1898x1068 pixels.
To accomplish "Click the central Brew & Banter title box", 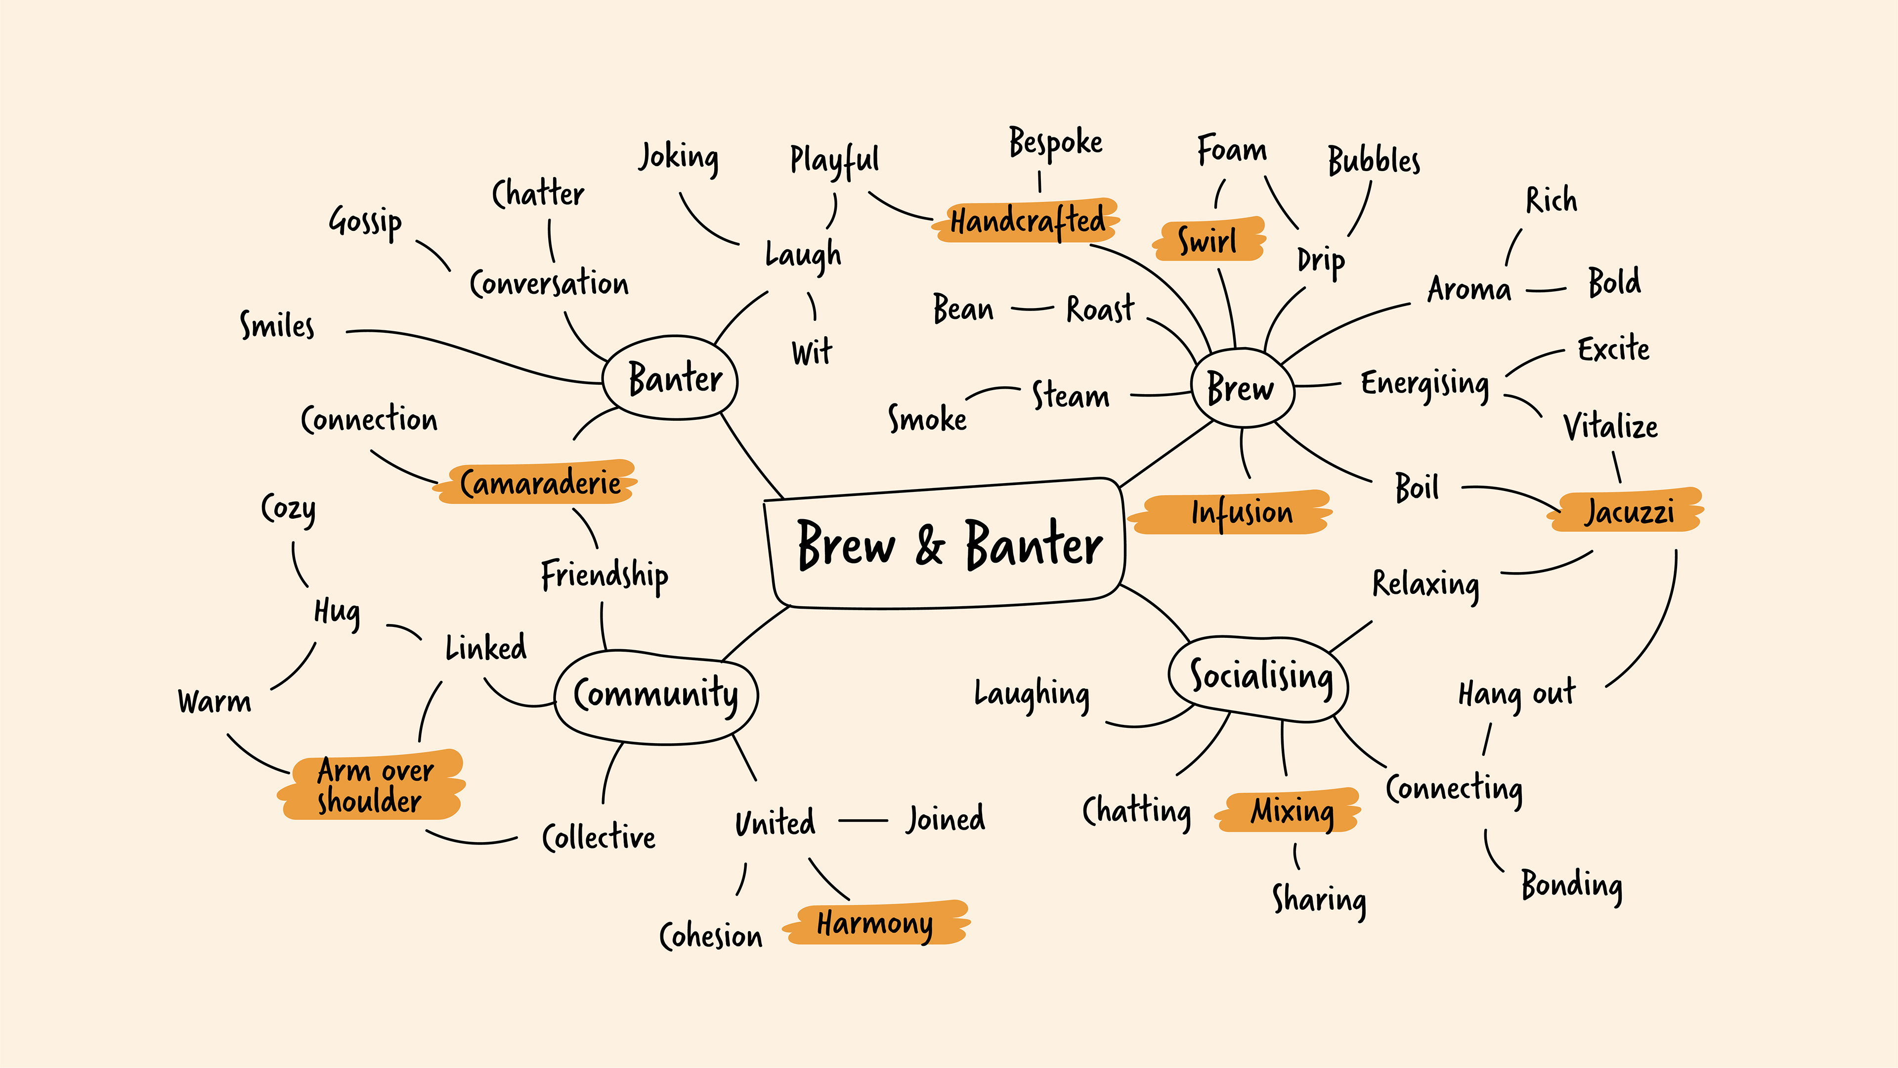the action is coord(947,545).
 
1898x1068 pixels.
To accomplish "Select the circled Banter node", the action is coord(672,378).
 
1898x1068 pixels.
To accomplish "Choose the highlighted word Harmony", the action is coord(875,923).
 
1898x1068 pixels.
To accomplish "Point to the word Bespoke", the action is coord(1055,143).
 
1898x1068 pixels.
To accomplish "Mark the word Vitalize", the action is coord(1610,427).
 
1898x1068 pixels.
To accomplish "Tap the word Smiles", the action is coord(277,326).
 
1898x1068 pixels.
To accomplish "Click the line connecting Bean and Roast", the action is coord(1032,309).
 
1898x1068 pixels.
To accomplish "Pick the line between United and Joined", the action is coord(863,820).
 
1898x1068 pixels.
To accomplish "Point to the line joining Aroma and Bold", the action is coord(1546,290).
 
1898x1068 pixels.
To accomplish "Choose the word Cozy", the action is coord(288,509).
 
